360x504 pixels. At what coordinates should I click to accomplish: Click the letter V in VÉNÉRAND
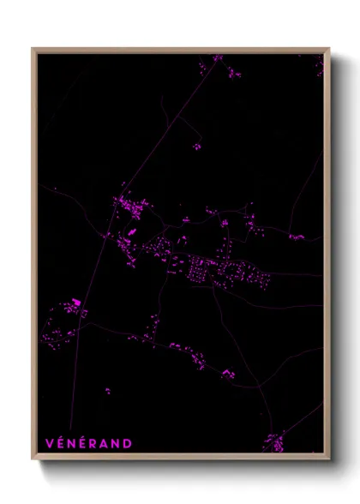coord(49,444)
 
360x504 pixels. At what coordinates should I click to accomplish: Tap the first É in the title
coord(61,443)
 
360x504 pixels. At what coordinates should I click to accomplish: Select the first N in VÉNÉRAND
coord(73,444)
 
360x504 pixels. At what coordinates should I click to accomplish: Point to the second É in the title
coord(85,443)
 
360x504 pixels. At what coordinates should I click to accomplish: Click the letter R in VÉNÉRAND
coord(96,444)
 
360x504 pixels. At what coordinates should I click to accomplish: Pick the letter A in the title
coord(107,444)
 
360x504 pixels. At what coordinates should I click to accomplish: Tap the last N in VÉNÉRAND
coord(118,444)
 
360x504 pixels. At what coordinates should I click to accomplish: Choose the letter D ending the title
coord(129,444)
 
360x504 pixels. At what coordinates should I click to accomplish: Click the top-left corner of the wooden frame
coord(33,49)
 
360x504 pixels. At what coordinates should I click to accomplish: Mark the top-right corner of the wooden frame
coord(329,49)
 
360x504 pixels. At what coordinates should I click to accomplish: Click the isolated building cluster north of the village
coord(196,147)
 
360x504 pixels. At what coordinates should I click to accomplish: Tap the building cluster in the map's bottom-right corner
coord(274,442)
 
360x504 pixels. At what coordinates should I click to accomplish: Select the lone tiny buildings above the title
coord(107,392)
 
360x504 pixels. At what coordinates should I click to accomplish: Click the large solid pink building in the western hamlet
coord(76,302)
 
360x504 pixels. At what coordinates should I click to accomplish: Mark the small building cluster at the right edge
coord(296,237)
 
